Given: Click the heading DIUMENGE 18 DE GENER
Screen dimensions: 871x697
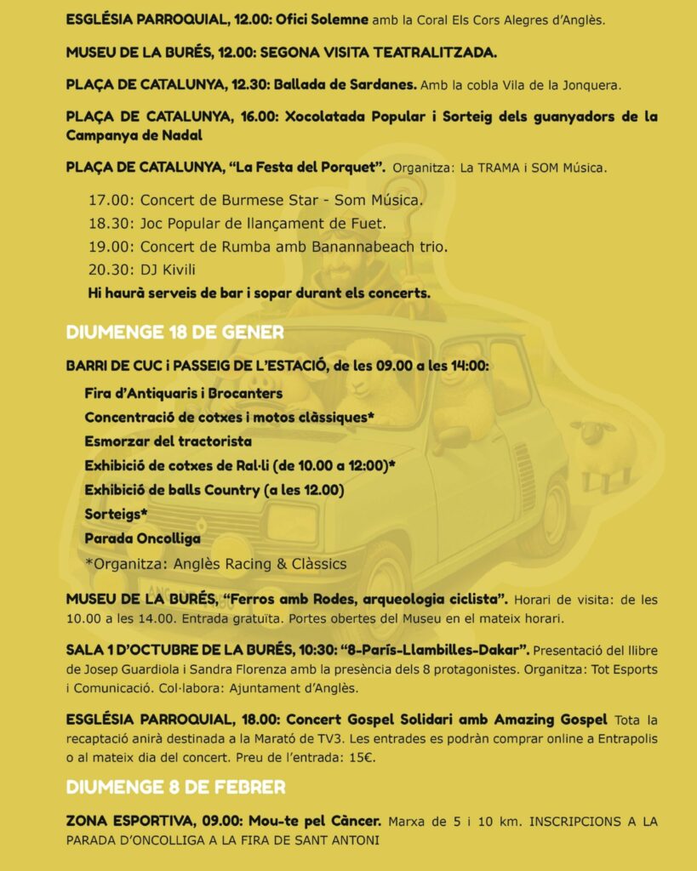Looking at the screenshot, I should click(174, 332).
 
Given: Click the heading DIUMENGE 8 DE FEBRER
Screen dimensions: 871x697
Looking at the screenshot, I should click(175, 787).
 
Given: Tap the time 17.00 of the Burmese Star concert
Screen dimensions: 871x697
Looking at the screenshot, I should click(111, 201).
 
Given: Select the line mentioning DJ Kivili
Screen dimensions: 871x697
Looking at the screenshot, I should click(142, 270).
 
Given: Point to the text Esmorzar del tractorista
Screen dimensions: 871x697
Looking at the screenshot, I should click(168, 441).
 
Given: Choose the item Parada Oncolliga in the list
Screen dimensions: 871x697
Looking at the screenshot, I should click(142, 538).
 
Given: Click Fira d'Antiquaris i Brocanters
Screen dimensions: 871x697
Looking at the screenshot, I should click(183, 393).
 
